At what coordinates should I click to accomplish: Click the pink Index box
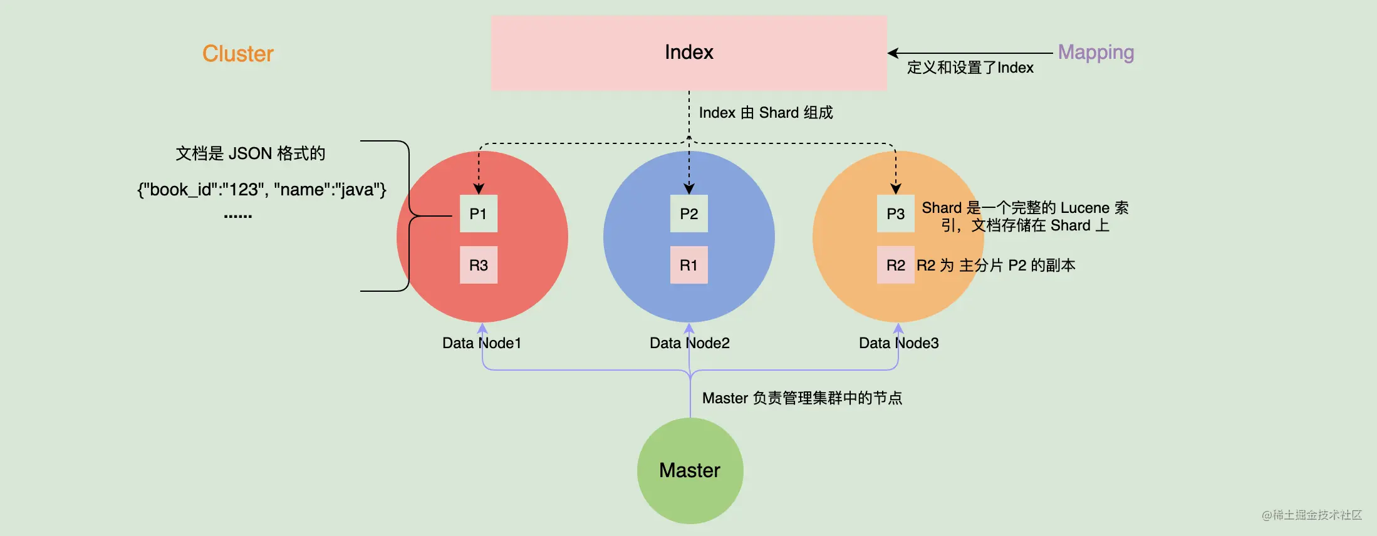coord(688,53)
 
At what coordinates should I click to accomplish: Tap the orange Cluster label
coord(238,54)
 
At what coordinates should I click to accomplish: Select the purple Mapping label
coord(1096,52)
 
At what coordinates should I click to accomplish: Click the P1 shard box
coord(478,214)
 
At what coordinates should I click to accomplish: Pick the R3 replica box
coord(478,265)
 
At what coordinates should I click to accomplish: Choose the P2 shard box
coord(688,214)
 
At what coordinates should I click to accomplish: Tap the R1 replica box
coord(688,265)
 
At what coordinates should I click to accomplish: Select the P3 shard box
coord(895,214)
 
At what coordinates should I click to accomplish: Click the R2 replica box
coord(895,265)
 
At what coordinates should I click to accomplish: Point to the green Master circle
coord(690,470)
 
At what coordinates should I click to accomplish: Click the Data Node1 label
coord(481,343)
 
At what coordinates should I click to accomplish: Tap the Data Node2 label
coord(689,343)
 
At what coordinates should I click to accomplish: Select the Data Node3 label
coord(898,343)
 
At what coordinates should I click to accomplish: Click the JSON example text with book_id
coord(262,190)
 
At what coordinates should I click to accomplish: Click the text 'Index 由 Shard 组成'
coord(766,113)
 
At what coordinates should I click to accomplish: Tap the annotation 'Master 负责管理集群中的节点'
coord(802,398)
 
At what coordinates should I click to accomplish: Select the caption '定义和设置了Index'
coord(970,68)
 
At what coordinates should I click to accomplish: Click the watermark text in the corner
coord(1312,515)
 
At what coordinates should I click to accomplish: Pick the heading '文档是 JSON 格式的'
coord(250,153)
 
